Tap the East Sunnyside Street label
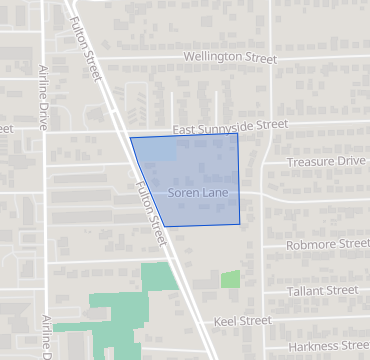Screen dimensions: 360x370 pos(229,126)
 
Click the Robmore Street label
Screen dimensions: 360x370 pos(327,244)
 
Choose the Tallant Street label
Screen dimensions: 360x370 pos(322,290)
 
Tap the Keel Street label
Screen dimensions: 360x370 pos(243,321)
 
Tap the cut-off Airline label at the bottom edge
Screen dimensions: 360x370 pos(50,337)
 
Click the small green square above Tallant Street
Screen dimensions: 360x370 pos(231,280)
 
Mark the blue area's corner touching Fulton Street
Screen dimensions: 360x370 pos(131,138)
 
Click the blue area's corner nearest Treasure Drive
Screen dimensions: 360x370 pos(237,132)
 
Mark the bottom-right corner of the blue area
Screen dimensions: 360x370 pos(240,224)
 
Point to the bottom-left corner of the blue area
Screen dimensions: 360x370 pos(165,227)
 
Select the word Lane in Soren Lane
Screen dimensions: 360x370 pos(213,191)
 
